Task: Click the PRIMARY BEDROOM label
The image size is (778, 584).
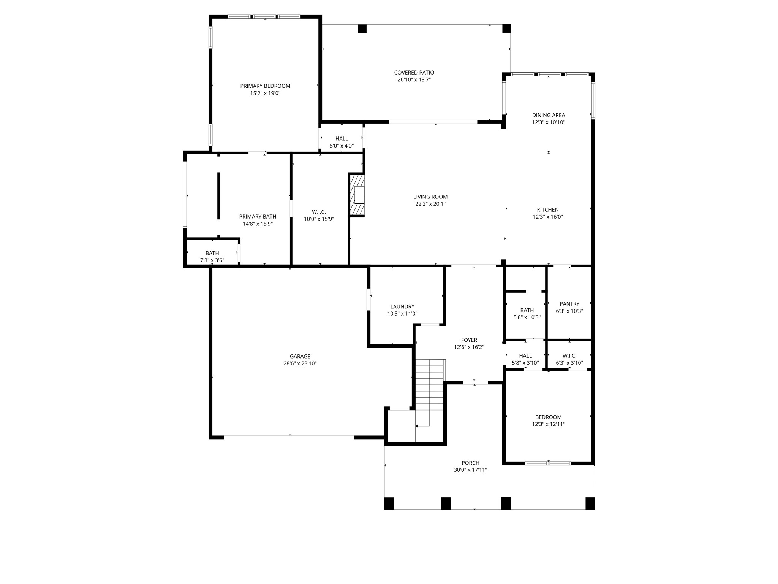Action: click(x=265, y=86)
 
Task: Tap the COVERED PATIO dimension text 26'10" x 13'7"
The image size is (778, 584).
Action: click(x=414, y=80)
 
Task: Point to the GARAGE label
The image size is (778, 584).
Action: click(x=300, y=356)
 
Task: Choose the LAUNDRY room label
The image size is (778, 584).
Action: click(x=402, y=306)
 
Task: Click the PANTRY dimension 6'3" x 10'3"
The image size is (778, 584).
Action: click(x=569, y=311)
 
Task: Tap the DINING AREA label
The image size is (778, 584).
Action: click(x=548, y=115)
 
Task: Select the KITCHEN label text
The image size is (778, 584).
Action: click(x=548, y=210)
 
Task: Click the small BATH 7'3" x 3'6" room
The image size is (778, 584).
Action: click(x=212, y=253)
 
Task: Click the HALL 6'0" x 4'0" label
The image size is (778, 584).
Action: click(x=342, y=139)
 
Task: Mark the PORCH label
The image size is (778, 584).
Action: click(x=470, y=463)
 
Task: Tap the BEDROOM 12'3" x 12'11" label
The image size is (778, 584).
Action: click(x=548, y=417)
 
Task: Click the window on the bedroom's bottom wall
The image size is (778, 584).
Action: click(x=548, y=463)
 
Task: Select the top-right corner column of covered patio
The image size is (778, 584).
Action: click(x=507, y=29)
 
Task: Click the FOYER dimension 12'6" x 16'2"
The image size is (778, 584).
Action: click(x=469, y=347)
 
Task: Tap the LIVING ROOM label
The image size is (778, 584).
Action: click(x=430, y=197)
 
